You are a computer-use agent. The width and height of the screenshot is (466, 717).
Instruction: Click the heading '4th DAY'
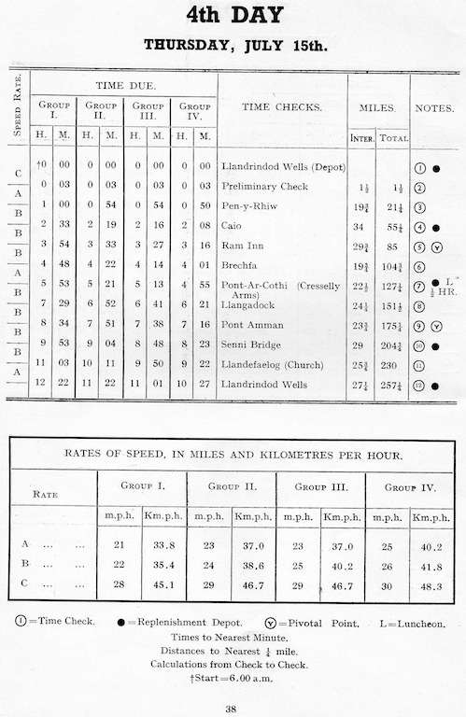(x=233, y=16)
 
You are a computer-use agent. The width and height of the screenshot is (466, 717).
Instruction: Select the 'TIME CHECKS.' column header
(x=282, y=107)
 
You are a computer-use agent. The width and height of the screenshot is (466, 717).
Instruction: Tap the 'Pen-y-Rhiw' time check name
(x=248, y=206)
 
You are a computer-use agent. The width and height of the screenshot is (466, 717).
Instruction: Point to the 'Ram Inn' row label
(x=240, y=246)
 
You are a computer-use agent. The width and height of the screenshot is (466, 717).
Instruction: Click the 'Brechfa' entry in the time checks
(x=241, y=266)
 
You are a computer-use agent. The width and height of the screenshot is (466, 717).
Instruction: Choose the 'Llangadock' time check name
(x=247, y=305)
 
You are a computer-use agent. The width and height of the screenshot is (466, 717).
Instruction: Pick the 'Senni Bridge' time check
(x=250, y=344)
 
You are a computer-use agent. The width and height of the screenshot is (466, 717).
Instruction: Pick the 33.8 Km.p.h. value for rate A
(x=163, y=543)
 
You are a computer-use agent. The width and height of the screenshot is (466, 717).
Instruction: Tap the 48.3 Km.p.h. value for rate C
(x=431, y=586)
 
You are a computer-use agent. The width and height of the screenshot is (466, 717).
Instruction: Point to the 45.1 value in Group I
(x=163, y=586)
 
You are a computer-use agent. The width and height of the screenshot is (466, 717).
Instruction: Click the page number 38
(x=233, y=707)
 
